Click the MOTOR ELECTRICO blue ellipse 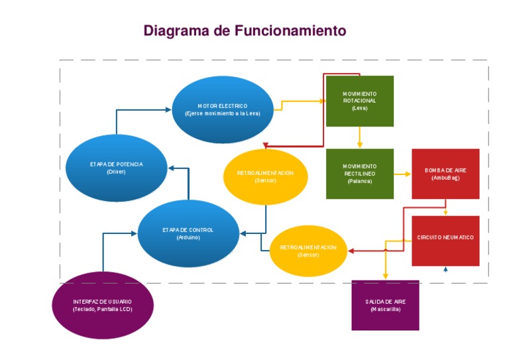[x=223, y=109]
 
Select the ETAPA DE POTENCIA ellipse [x=116, y=168]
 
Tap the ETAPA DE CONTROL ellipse [x=188, y=233]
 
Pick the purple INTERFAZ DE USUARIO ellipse [x=102, y=305]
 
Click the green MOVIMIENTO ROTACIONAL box [x=360, y=101]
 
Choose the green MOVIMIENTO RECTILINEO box [x=360, y=173]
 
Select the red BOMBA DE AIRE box [x=445, y=174]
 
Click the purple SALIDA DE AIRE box [x=385, y=305]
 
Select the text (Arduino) [x=188, y=237]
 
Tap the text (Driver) [x=116, y=172]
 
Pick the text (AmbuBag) [x=445, y=178]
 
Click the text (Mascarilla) [x=385, y=309]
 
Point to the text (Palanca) [x=360, y=181]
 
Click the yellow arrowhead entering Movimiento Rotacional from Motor [x=323, y=101]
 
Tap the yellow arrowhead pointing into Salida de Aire [x=385, y=277]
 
